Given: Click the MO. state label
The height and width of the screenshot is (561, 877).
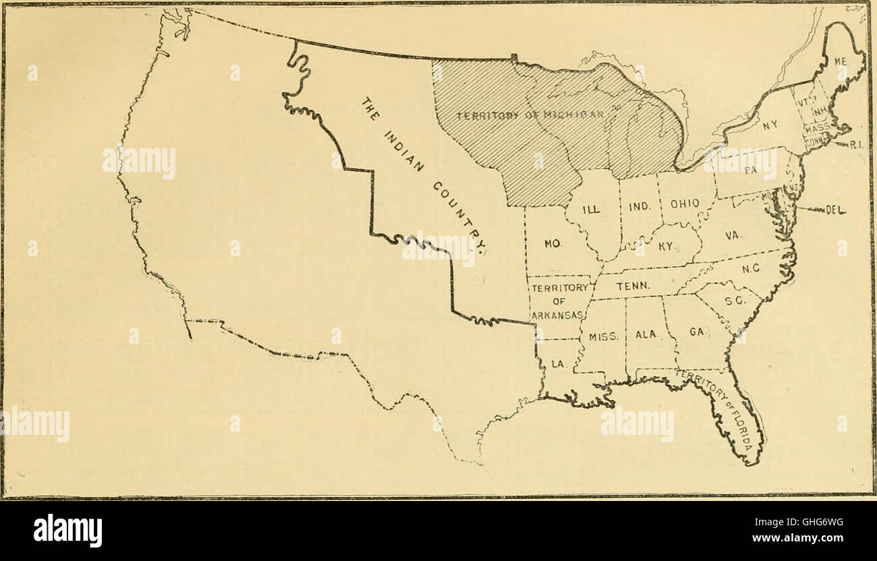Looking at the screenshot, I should point(553,243).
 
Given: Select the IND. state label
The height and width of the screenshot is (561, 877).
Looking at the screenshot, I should point(638,207).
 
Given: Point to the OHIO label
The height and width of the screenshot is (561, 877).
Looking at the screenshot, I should point(684,202).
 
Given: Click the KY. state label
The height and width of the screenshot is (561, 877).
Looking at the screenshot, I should point(666,247).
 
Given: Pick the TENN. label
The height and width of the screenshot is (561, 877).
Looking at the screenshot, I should point(632,286).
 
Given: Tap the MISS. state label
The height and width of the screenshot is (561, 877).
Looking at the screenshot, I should point(604,336).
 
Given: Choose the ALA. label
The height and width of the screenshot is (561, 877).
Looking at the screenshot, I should point(646,334).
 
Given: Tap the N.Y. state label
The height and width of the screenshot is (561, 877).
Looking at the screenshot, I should point(750,125).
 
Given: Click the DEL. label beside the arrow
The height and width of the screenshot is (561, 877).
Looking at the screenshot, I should point(834,210).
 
